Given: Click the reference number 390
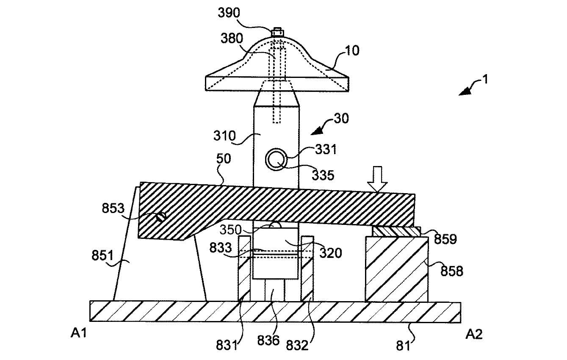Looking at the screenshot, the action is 229,13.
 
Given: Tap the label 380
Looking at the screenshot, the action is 232,39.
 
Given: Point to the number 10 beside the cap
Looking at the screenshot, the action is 352,51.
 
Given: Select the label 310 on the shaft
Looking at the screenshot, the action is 224,136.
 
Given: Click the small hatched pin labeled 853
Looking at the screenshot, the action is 161,217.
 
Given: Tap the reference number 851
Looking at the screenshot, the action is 102,255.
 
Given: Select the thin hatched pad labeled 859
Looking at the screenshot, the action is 397,232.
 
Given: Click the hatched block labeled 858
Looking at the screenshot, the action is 397,269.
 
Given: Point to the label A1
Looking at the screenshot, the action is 79,333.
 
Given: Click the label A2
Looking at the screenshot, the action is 474,334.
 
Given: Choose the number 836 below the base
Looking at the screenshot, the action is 268,341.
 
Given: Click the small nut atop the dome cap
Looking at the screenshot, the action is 277,33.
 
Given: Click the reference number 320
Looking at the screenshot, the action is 331,253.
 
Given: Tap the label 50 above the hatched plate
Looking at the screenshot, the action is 224,159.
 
